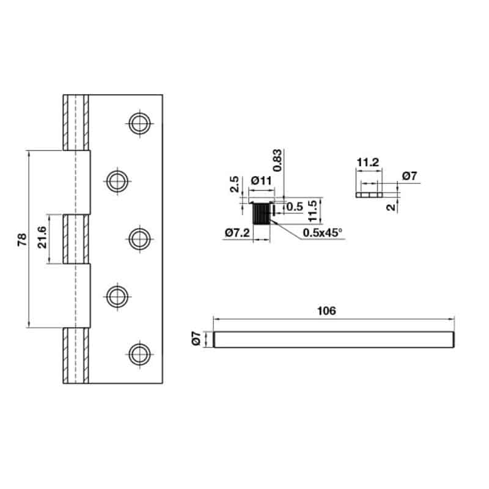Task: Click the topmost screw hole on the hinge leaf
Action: (x=139, y=123)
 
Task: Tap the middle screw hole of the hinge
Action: (x=139, y=238)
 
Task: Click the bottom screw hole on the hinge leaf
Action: (x=139, y=353)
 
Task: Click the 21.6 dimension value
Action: (x=42, y=238)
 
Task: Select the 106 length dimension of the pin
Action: (x=327, y=311)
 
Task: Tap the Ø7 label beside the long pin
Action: (x=196, y=339)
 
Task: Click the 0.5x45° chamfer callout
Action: (x=323, y=233)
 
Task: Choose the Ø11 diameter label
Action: (x=261, y=181)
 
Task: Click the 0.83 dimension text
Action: (x=278, y=160)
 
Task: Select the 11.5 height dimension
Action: (x=313, y=210)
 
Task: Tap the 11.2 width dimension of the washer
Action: (x=368, y=163)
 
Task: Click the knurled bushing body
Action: (x=261, y=215)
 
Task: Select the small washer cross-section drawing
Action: (x=368, y=194)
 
